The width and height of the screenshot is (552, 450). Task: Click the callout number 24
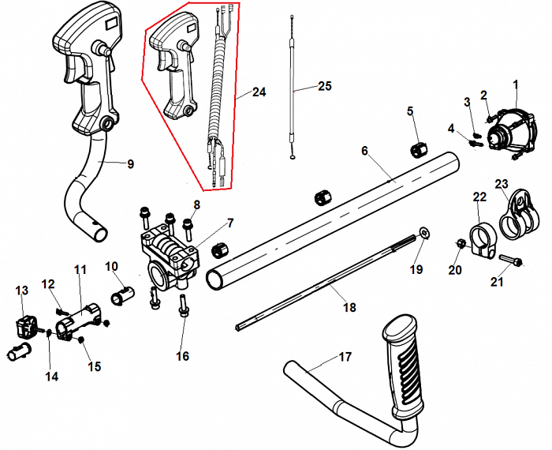259,92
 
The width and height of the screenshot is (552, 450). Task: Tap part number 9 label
130,164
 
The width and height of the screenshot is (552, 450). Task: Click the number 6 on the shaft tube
365,150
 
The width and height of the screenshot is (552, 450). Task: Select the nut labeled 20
462,245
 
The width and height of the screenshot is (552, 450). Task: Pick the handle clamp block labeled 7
170,254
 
